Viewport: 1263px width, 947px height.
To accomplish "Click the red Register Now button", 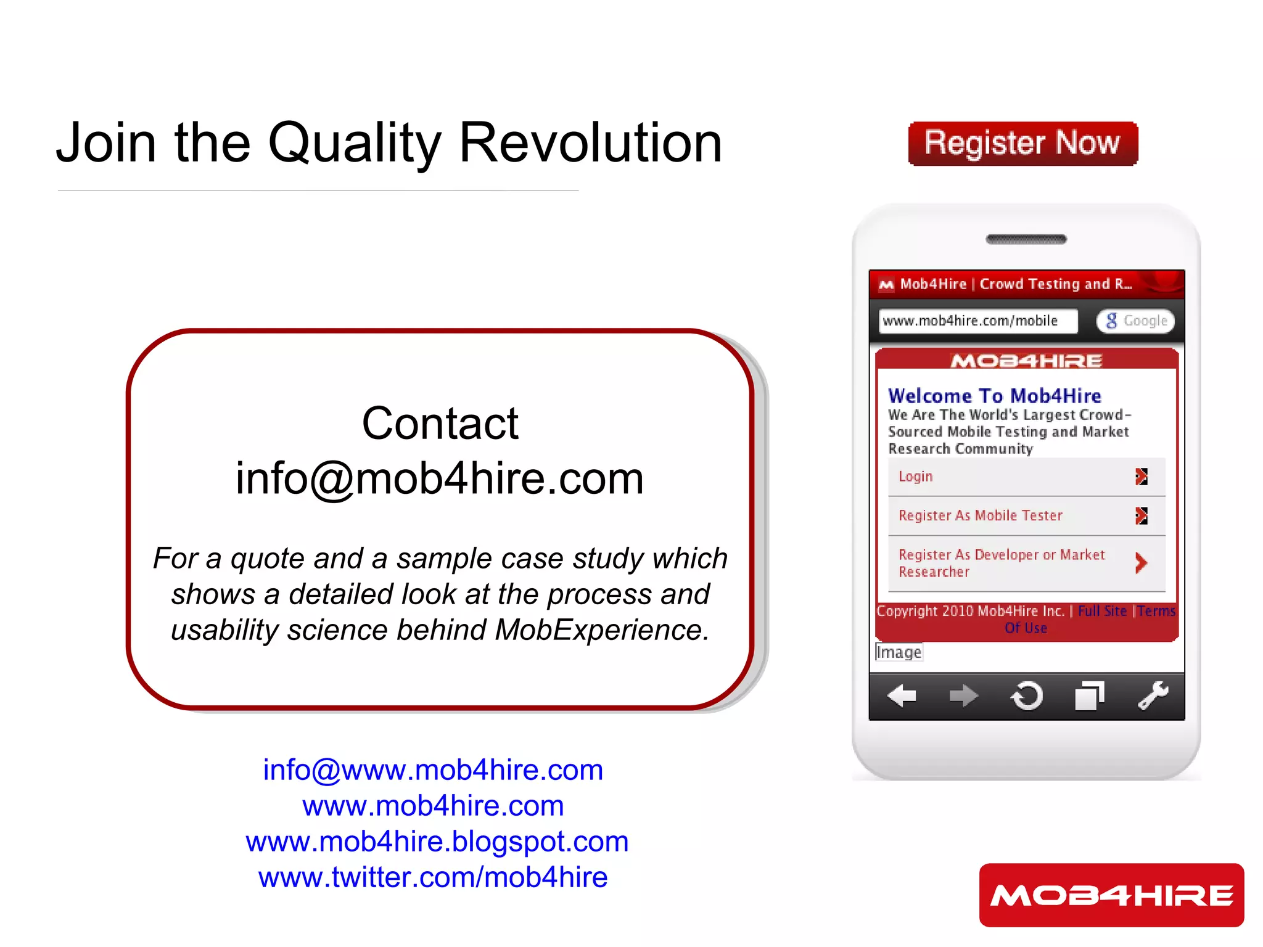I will click(1022, 144).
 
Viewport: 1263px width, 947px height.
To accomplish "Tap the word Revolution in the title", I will click(590, 143).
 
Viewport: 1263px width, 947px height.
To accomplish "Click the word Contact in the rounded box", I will click(440, 424).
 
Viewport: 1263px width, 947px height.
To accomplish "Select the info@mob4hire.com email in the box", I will click(440, 478).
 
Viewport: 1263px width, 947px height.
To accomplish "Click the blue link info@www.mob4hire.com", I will click(433, 770).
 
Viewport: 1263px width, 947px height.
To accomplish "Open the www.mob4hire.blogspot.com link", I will click(437, 842).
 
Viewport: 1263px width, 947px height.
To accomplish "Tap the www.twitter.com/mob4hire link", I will click(433, 877).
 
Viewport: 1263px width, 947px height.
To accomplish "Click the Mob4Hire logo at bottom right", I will click(1111, 895).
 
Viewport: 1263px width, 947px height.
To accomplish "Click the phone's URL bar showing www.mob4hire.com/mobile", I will click(977, 321).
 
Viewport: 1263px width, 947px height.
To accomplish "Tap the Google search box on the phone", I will click(1135, 321).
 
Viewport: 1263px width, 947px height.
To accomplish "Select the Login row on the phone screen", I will click(1026, 477).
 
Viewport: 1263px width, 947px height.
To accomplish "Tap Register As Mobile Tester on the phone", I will click(981, 515).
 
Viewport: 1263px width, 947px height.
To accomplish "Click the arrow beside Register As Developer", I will click(1141, 562).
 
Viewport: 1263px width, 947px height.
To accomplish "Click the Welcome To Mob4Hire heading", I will click(994, 396).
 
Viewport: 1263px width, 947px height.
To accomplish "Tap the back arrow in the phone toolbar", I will click(902, 697).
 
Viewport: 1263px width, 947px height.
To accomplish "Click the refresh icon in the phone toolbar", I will click(1027, 697).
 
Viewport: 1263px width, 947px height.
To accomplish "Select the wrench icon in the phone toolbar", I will click(1153, 696).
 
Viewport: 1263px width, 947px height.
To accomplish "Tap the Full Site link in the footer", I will click(1102, 611).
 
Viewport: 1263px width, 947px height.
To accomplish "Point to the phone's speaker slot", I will click(1026, 239).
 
